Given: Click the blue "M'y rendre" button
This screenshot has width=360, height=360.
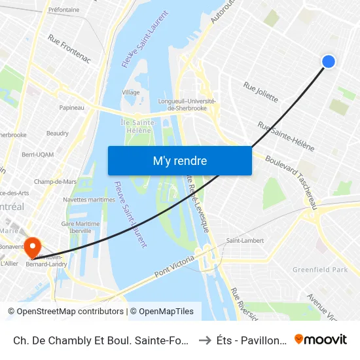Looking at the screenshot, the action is click(x=179, y=160).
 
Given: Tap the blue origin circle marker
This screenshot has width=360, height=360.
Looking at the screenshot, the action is click(x=329, y=61).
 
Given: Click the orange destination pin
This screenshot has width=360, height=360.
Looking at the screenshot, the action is click(x=31, y=247).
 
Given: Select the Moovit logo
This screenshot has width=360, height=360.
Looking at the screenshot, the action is click(x=320, y=339).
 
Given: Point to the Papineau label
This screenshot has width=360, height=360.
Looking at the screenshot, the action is click(x=71, y=107).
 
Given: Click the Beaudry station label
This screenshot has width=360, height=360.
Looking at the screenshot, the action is click(x=58, y=133).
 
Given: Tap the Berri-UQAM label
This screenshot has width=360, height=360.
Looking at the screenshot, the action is click(x=37, y=154).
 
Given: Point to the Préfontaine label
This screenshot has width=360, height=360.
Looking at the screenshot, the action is click(x=64, y=10).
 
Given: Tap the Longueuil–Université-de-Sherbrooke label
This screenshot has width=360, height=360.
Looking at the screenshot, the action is click(x=187, y=104).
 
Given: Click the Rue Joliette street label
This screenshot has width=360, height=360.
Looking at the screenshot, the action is click(x=261, y=92).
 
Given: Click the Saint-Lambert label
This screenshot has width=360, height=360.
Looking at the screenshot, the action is click(x=245, y=240).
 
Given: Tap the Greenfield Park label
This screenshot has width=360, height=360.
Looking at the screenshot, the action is click(x=320, y=269).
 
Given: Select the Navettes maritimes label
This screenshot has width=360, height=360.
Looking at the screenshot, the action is click(x=88, y=200).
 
